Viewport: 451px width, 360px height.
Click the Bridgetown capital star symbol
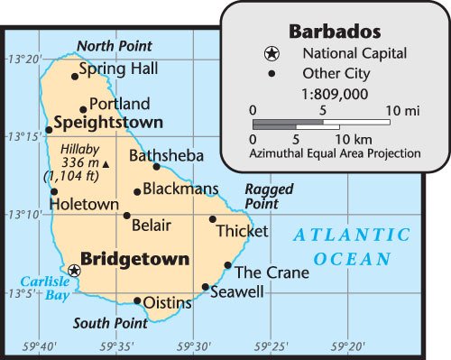coord(74,270)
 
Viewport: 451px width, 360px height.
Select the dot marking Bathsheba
coord(156,166)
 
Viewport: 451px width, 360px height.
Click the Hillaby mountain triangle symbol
coord(106,164)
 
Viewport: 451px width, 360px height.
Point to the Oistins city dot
coord(137,301)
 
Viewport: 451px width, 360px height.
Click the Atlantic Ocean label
coord(353,247)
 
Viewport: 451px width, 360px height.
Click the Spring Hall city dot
coord(75,76)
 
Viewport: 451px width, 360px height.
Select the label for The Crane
coord(272,272)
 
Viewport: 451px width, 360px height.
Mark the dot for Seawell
coord(206,288)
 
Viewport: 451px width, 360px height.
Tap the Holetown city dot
coord(54,191)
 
